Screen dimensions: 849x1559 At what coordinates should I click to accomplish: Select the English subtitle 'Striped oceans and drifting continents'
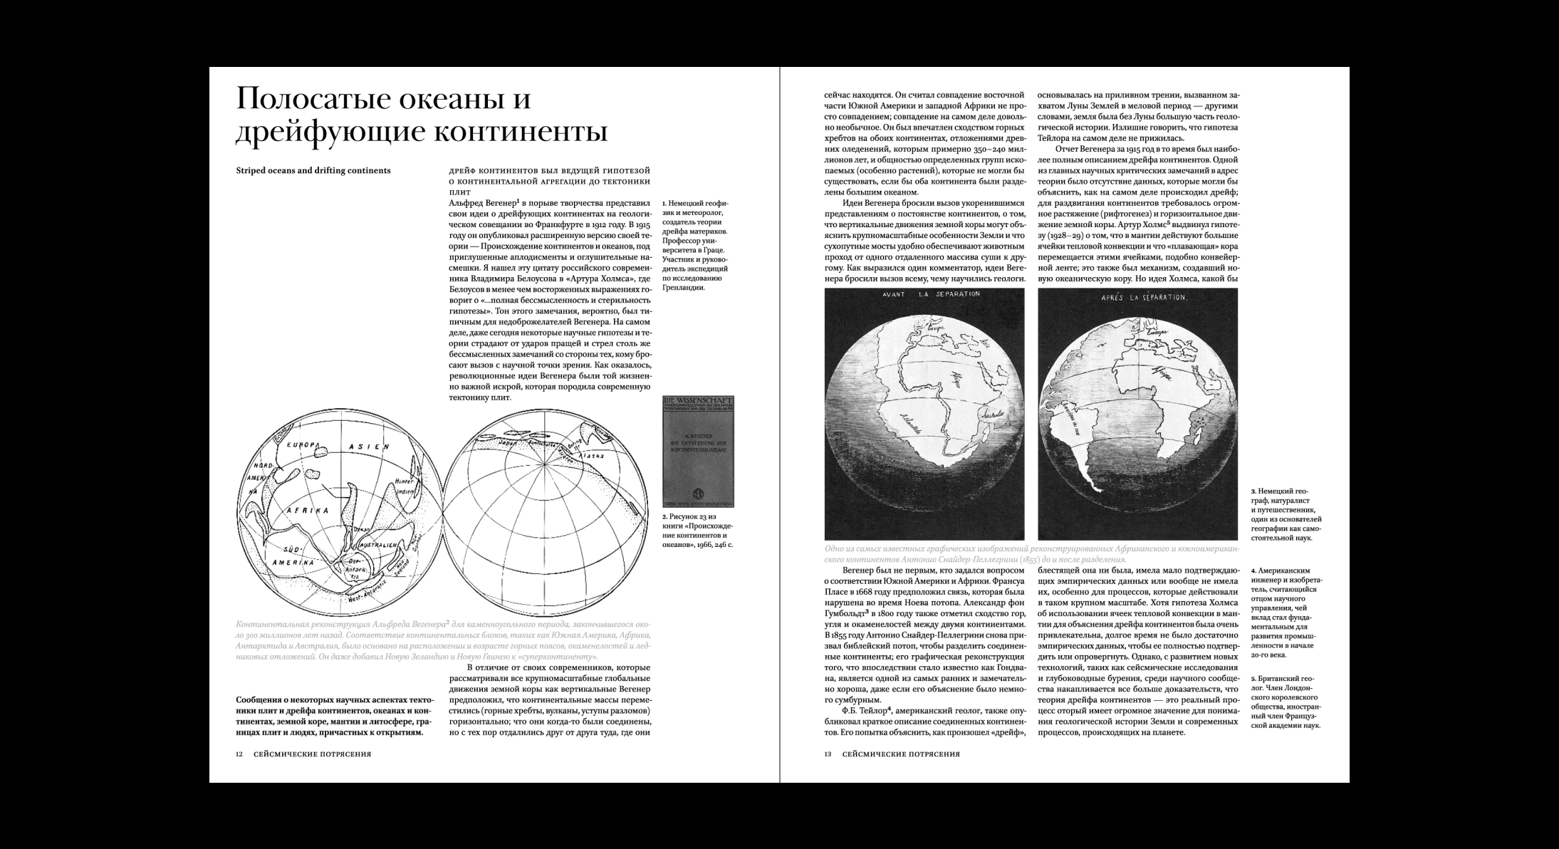[x=313, y=171]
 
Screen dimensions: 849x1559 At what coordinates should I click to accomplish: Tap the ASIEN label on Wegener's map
[x=368, y=447]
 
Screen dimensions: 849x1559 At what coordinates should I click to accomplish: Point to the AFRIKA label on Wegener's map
[x=307, y=511]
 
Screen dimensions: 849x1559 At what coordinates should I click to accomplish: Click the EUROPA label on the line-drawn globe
[x=301, y=445]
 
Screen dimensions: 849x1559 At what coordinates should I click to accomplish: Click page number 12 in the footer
[x=239, y=754]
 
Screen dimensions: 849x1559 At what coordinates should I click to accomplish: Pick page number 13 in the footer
[x=828, y=754]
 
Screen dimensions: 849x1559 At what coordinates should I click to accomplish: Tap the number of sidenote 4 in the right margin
[x=1253, y=571]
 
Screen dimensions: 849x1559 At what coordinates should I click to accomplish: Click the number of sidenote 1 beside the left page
[x=664, y=204]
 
